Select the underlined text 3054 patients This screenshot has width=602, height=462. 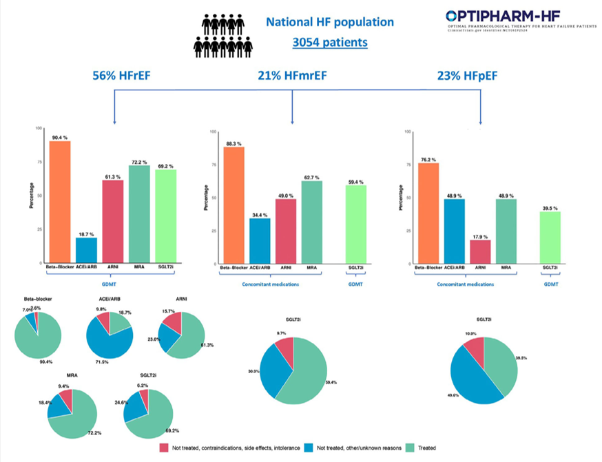(x=329, y=43)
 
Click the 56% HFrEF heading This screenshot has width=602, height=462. (x=123, y=75)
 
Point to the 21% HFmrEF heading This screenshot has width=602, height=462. (x=292, y=75)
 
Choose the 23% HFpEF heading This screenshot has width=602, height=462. (x=467, y=75)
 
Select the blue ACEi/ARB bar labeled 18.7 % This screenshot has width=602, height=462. (x=86, y=250)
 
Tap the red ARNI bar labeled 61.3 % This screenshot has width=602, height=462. (x=112, y=221)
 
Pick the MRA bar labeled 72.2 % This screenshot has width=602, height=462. (x=139, y=213)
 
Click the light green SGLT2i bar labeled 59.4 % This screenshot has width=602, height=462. (x=355, y=224)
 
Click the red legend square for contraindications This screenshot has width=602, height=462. (x=164, y=448)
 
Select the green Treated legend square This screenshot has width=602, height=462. (x=411, y=448)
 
